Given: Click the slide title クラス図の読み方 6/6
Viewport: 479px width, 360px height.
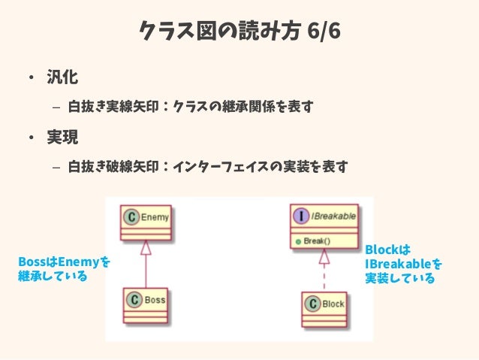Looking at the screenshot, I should pyautogui.click(x=239, y=32).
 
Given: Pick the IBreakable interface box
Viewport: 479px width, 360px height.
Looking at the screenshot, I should pyautogui.click(x=324, y=226).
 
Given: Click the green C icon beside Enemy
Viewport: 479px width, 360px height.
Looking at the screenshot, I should pyautogui.click(x=131, y=218).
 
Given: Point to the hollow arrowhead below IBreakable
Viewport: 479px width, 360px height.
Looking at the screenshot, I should pyautogui.click(x=324, y=257).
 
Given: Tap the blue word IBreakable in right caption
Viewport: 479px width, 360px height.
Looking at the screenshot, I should pyautogui.click(x=398, y=264).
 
